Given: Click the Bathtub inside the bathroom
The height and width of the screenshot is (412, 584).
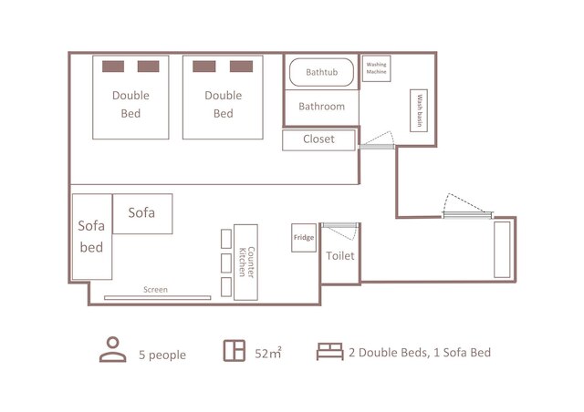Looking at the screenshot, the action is coord(321,72).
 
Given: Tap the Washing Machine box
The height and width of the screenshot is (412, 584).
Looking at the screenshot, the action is coord(376,68).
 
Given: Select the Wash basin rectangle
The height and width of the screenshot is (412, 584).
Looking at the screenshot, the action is coord(419,110).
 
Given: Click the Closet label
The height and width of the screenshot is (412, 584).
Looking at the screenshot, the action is coord(318,139).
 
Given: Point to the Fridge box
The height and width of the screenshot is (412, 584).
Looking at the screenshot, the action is coord(304,238).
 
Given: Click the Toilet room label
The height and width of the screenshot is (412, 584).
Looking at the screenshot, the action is coord(340,256).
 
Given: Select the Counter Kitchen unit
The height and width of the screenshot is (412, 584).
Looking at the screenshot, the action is coord(245,262).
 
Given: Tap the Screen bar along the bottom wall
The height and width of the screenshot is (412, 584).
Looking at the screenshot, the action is coord(158,298).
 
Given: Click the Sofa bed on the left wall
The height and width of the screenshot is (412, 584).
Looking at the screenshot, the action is coord(92,237).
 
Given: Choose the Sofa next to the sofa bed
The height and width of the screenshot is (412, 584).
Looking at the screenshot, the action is coord(142,213).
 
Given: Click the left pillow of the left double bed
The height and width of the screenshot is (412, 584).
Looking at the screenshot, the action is coord(113,67).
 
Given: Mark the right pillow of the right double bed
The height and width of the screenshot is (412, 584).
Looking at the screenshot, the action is coord(241,67).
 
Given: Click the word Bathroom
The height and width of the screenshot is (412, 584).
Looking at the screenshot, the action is coord(321,107).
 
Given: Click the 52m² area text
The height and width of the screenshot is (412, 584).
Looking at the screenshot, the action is coord(267,353).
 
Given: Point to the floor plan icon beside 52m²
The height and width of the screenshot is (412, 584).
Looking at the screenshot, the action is coord(235,351).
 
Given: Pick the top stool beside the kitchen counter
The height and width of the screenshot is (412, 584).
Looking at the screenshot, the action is coord(226,239).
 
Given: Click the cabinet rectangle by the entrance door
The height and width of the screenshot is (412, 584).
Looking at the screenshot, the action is coord(502,250).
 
